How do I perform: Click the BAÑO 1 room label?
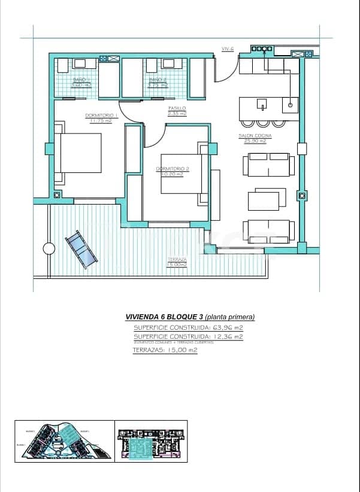pos(81,80)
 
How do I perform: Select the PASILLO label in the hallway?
pos(177,108)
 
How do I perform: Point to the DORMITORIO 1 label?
pos(101,116)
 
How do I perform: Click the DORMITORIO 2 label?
pos(173,169)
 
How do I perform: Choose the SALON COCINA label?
pos(255,136)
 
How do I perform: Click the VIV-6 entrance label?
pos(227,48)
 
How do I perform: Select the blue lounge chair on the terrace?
pos(81,247)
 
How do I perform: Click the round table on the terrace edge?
pos(49,248)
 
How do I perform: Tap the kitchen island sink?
pos(262,106)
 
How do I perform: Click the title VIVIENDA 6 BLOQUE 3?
pos(164,317)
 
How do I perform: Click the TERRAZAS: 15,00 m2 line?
pos(165,350)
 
